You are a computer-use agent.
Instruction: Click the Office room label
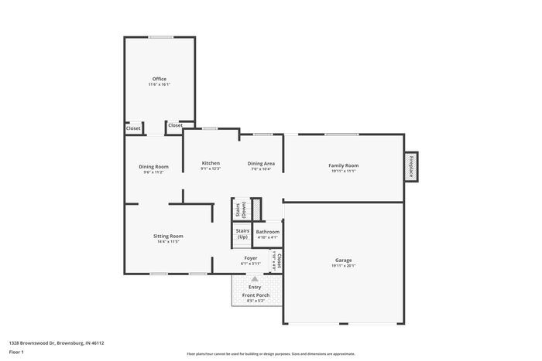point(159,79)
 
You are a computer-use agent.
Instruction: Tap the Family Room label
point(343,165)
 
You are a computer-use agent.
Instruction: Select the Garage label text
point(343,261)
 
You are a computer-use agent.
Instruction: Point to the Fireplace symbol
point(411,166)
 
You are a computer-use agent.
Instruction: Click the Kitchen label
point(211,163)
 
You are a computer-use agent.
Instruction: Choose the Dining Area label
point(261,163)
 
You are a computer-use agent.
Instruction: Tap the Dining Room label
point(153,167)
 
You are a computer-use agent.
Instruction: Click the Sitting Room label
point(167,236)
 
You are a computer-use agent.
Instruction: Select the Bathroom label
point(268,232)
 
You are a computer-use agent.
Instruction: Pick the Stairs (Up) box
point(242,233)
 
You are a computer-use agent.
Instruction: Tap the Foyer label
point(251,258)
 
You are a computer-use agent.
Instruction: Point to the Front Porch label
point(255,295)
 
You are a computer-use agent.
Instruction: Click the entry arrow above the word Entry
point(254,279)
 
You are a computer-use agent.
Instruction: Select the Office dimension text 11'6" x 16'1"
point(159,84)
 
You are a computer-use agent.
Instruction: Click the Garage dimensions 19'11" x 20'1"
point(343,266)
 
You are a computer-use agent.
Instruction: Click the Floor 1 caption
point(16,352)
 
